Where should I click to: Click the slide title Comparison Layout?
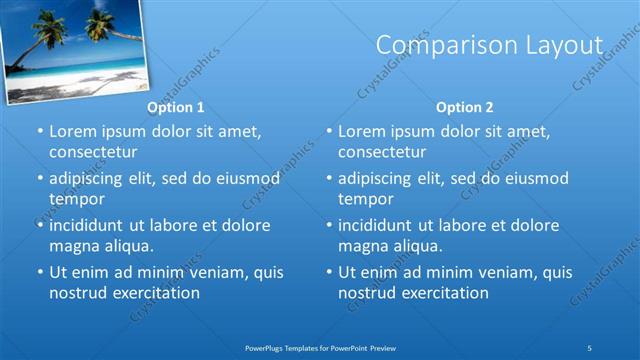click(489, 46)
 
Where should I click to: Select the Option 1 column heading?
click(175, 107)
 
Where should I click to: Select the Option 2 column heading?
click(464, 107)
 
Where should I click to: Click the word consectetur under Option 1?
click(92, 152)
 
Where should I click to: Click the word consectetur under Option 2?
click(381, 152)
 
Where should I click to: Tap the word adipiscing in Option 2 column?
click(379, 179)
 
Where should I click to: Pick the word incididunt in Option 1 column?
click(91, 225)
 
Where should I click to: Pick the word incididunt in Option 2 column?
click(380, 225)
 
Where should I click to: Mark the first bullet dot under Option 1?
click(39, 132)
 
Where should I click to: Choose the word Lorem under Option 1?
click(72, 132)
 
